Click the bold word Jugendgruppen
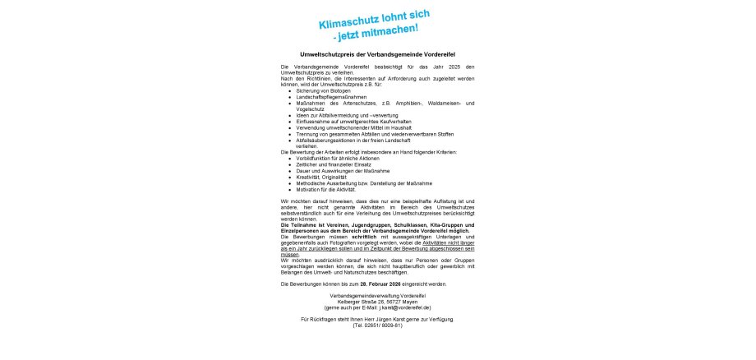[371, 225]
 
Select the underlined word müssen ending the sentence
[289, 255]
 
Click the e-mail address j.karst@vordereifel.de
[398, 307]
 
